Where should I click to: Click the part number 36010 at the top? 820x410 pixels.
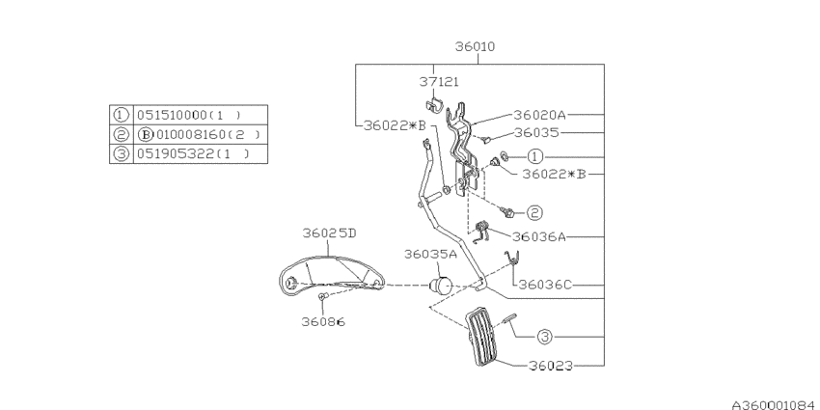tap(479, 46)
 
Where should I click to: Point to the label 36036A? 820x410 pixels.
tap(540, 235)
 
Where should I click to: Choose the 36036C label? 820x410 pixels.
tap(546, 285)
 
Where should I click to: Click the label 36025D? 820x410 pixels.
tap(328, 232)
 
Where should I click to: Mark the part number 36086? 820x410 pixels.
tap(322, 321)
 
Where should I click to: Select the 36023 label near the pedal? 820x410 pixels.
tap(551, 366)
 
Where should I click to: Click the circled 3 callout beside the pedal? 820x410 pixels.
tap(544, 337)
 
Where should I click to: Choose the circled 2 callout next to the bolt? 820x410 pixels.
tap(533, 211)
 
